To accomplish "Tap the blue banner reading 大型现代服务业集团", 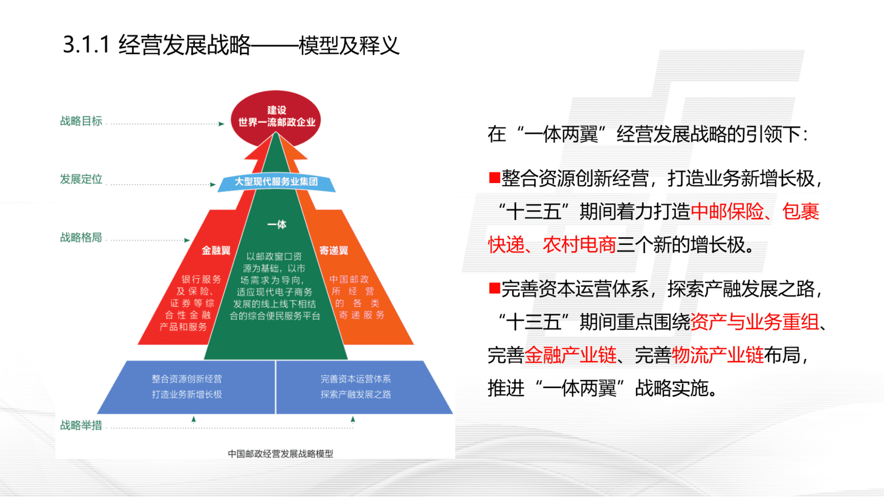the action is pyautogui.click(x=276, y=182).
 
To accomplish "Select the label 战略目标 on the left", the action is pyautogui.click(x=81, y=121).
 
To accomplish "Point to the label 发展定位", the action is pyautogui.click(x=81, y=179).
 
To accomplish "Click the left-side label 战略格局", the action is pyautogui.click(x=81, y=237).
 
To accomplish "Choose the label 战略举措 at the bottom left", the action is pyautogui.click(x=81, y=425).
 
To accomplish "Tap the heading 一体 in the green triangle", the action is pyautogui.click(x=277, y=225).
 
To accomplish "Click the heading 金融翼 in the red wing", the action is pyautogui.click(x=216, y=250).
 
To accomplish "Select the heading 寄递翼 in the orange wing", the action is pyautogui.click(x=334, y=250).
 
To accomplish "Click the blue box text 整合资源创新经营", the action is pyautogui.click(x=187, y=379).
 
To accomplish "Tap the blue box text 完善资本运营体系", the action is pyautogui.click(x=356, y=379).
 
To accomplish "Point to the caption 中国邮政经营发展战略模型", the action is pyautogui.click(x=280, y=454).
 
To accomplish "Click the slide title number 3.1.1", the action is pyautogui.click(x=86, y=45).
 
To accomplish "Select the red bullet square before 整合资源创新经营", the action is pyautogui.click(x=494, y=178).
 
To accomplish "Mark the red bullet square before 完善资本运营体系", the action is pyautogui.click(x=494, y=288).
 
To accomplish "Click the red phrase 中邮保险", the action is pyautogui.click(x=727, y=212).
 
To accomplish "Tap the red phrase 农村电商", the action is pyautogui.click(x=579, y=245).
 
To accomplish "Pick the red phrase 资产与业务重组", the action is pyautogui.click(x=755, y=322).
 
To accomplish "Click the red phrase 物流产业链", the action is pyautogui.click(x=718, y=355).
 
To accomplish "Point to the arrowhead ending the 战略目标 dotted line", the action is pyautogui.click(x=221, y=124).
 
